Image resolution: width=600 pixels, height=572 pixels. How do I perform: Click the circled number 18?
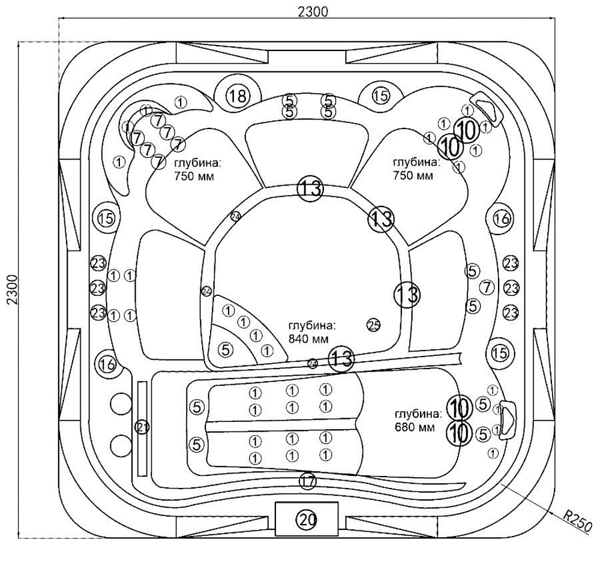238,95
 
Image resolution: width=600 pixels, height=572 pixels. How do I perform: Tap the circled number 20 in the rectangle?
307,520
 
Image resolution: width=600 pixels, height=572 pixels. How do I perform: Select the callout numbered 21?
142,427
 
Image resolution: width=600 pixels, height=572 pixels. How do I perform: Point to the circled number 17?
308,480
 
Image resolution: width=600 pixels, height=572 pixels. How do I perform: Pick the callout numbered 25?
373,325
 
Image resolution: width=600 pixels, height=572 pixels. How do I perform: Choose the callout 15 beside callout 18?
380,95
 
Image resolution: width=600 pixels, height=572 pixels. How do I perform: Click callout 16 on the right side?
502,219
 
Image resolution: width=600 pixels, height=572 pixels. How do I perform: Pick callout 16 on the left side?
107,364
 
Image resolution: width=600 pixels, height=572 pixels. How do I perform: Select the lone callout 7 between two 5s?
487,288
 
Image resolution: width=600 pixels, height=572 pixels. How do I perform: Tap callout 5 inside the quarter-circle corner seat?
226,349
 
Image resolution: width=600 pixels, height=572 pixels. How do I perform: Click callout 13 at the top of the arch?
310,188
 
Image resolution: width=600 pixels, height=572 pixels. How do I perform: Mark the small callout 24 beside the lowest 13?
313,363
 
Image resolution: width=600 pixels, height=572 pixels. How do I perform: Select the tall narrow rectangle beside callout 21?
142,427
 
